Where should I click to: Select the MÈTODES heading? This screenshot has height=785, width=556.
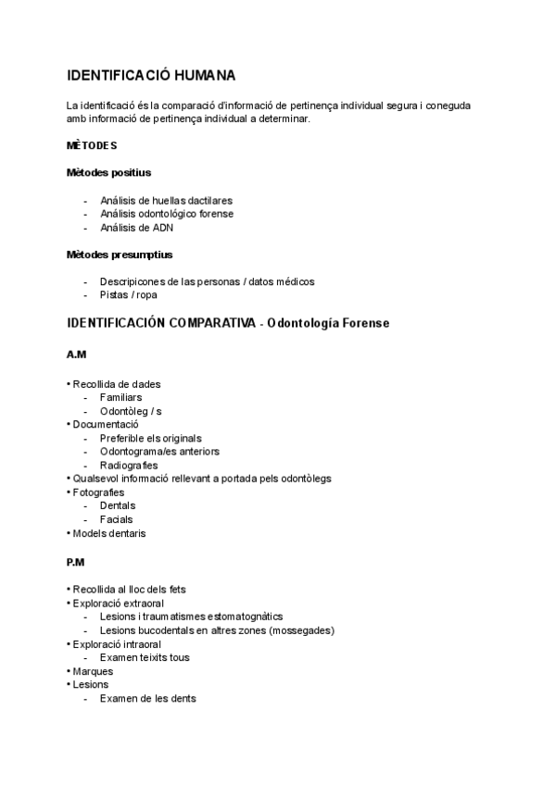[x=91, y=145]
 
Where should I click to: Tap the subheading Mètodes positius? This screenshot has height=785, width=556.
[x=108, y=172]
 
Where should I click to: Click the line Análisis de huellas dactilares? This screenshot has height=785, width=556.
[x=166, y=200]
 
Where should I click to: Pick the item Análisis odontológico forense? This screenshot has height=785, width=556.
[x=166, y=214]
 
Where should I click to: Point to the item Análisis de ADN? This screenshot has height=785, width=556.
[x=136, y=228]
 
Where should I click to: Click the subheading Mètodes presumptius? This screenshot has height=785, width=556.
[x=120, y=254]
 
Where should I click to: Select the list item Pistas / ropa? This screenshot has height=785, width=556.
[x=129, y=294]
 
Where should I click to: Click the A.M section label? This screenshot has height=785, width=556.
[x=76, y=355]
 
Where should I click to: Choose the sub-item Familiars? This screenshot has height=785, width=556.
[x=120, y=397]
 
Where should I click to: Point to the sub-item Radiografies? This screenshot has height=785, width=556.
[x=129, y=465]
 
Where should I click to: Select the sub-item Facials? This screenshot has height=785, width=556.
[x=116, y=519]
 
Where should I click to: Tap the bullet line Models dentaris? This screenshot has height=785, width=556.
[x=107, y=533]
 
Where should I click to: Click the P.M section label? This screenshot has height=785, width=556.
[x=76, y=562]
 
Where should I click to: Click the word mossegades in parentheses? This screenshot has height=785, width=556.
[x=297, y=630]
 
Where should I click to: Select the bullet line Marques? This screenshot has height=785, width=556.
[x=92, y=671]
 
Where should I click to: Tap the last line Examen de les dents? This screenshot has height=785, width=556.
[x=147, y=699]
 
